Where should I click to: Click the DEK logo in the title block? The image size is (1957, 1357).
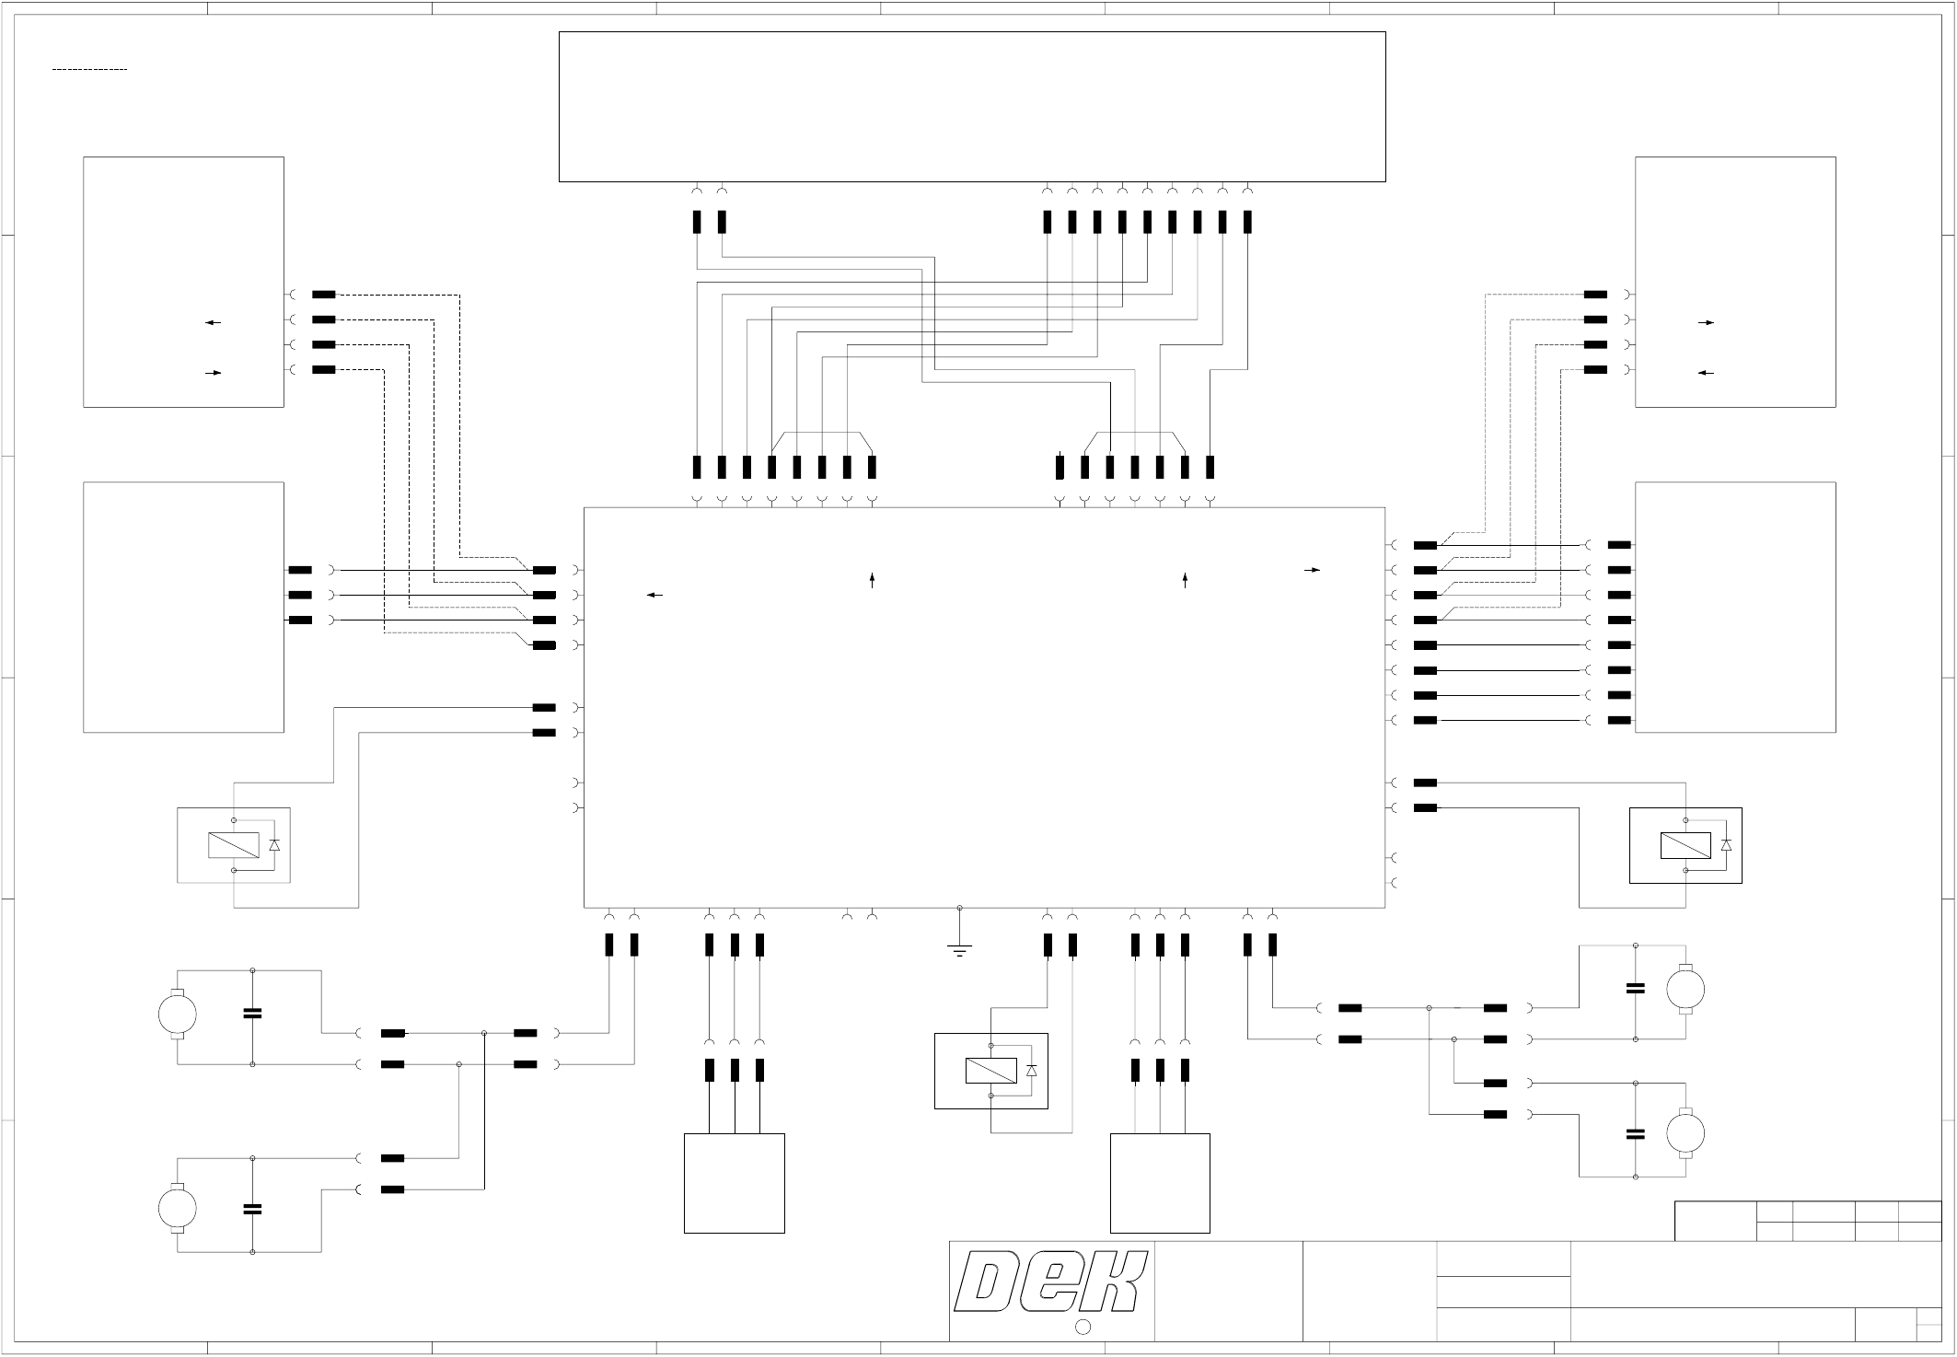[1051, 1282]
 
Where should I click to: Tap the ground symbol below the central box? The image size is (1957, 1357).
[959, 948]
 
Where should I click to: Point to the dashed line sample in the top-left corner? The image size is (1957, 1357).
[89, 70]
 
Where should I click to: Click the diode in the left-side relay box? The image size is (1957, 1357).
[273, 845]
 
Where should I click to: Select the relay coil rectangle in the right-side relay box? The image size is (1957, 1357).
[1685, 845]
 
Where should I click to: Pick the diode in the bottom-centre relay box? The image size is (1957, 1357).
[1031, 1071]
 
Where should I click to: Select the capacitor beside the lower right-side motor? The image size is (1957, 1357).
[1636, 1134]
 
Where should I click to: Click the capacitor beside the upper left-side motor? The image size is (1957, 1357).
[252, 1014]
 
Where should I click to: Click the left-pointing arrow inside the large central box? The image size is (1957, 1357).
[654, 596]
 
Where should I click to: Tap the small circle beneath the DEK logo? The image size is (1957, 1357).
[1083, 1327]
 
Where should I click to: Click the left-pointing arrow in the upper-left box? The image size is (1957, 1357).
[213, 323]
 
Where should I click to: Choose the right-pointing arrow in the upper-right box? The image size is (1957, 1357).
[1706, 323]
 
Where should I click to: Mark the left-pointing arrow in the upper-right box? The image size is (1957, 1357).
[1706, 373]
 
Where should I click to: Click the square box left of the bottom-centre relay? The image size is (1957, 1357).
[734, 1183]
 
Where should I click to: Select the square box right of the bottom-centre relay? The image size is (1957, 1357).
[1160, 1183]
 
